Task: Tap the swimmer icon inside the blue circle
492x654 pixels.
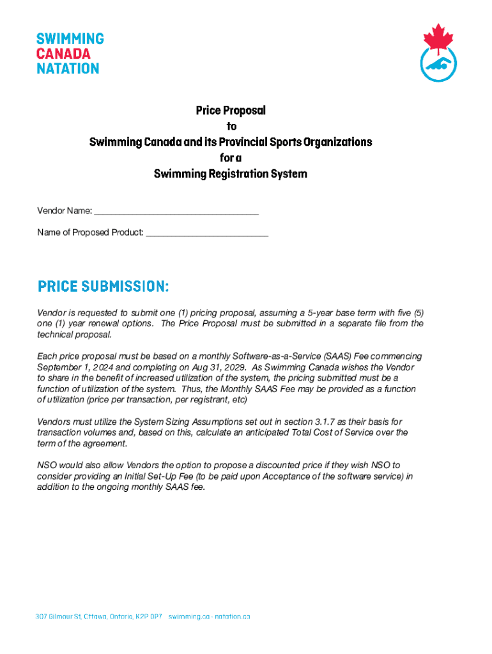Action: click(438, 65)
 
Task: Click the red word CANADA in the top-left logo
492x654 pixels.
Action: click(63, 53)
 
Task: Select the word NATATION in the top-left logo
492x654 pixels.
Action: click(67, 68)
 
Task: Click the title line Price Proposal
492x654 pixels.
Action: click(231, 110)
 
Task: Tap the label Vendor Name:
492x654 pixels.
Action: click(65, 211)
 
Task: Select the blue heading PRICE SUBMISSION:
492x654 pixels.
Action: click(103, 287)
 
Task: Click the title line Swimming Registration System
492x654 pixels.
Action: click(231, 174)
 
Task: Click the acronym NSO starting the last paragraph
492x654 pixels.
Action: click(47, 465)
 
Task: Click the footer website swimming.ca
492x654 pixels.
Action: click(190, 617)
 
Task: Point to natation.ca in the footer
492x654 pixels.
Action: click(233, 617)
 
